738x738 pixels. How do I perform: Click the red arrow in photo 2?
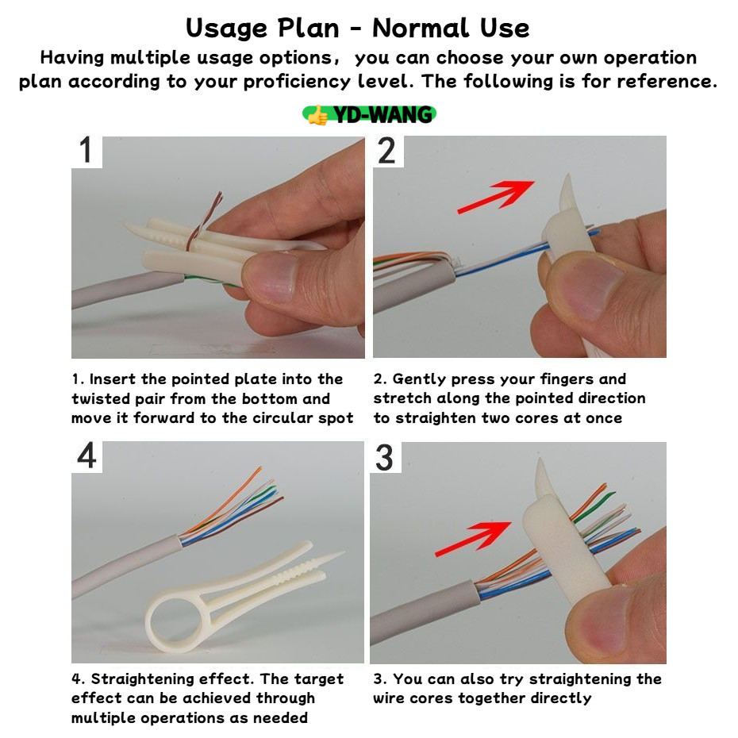(x=496, y=196)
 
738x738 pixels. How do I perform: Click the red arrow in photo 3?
(x=473, y=539)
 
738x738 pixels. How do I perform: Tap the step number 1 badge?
(x=86, y=151)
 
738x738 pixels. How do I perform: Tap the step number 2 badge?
(x=388, y=151)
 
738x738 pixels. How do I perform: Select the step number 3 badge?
(x=386, y=457)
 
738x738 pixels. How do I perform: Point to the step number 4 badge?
(x=86, y=456)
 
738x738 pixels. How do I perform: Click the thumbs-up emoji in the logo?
(x=318, y=115)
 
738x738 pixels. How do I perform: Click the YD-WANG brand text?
(x=382, y=115)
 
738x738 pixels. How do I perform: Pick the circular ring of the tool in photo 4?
(x=150, y=624)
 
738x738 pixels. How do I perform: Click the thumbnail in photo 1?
(x=271, y=277)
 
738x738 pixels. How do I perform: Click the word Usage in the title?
(x=227, y=29)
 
